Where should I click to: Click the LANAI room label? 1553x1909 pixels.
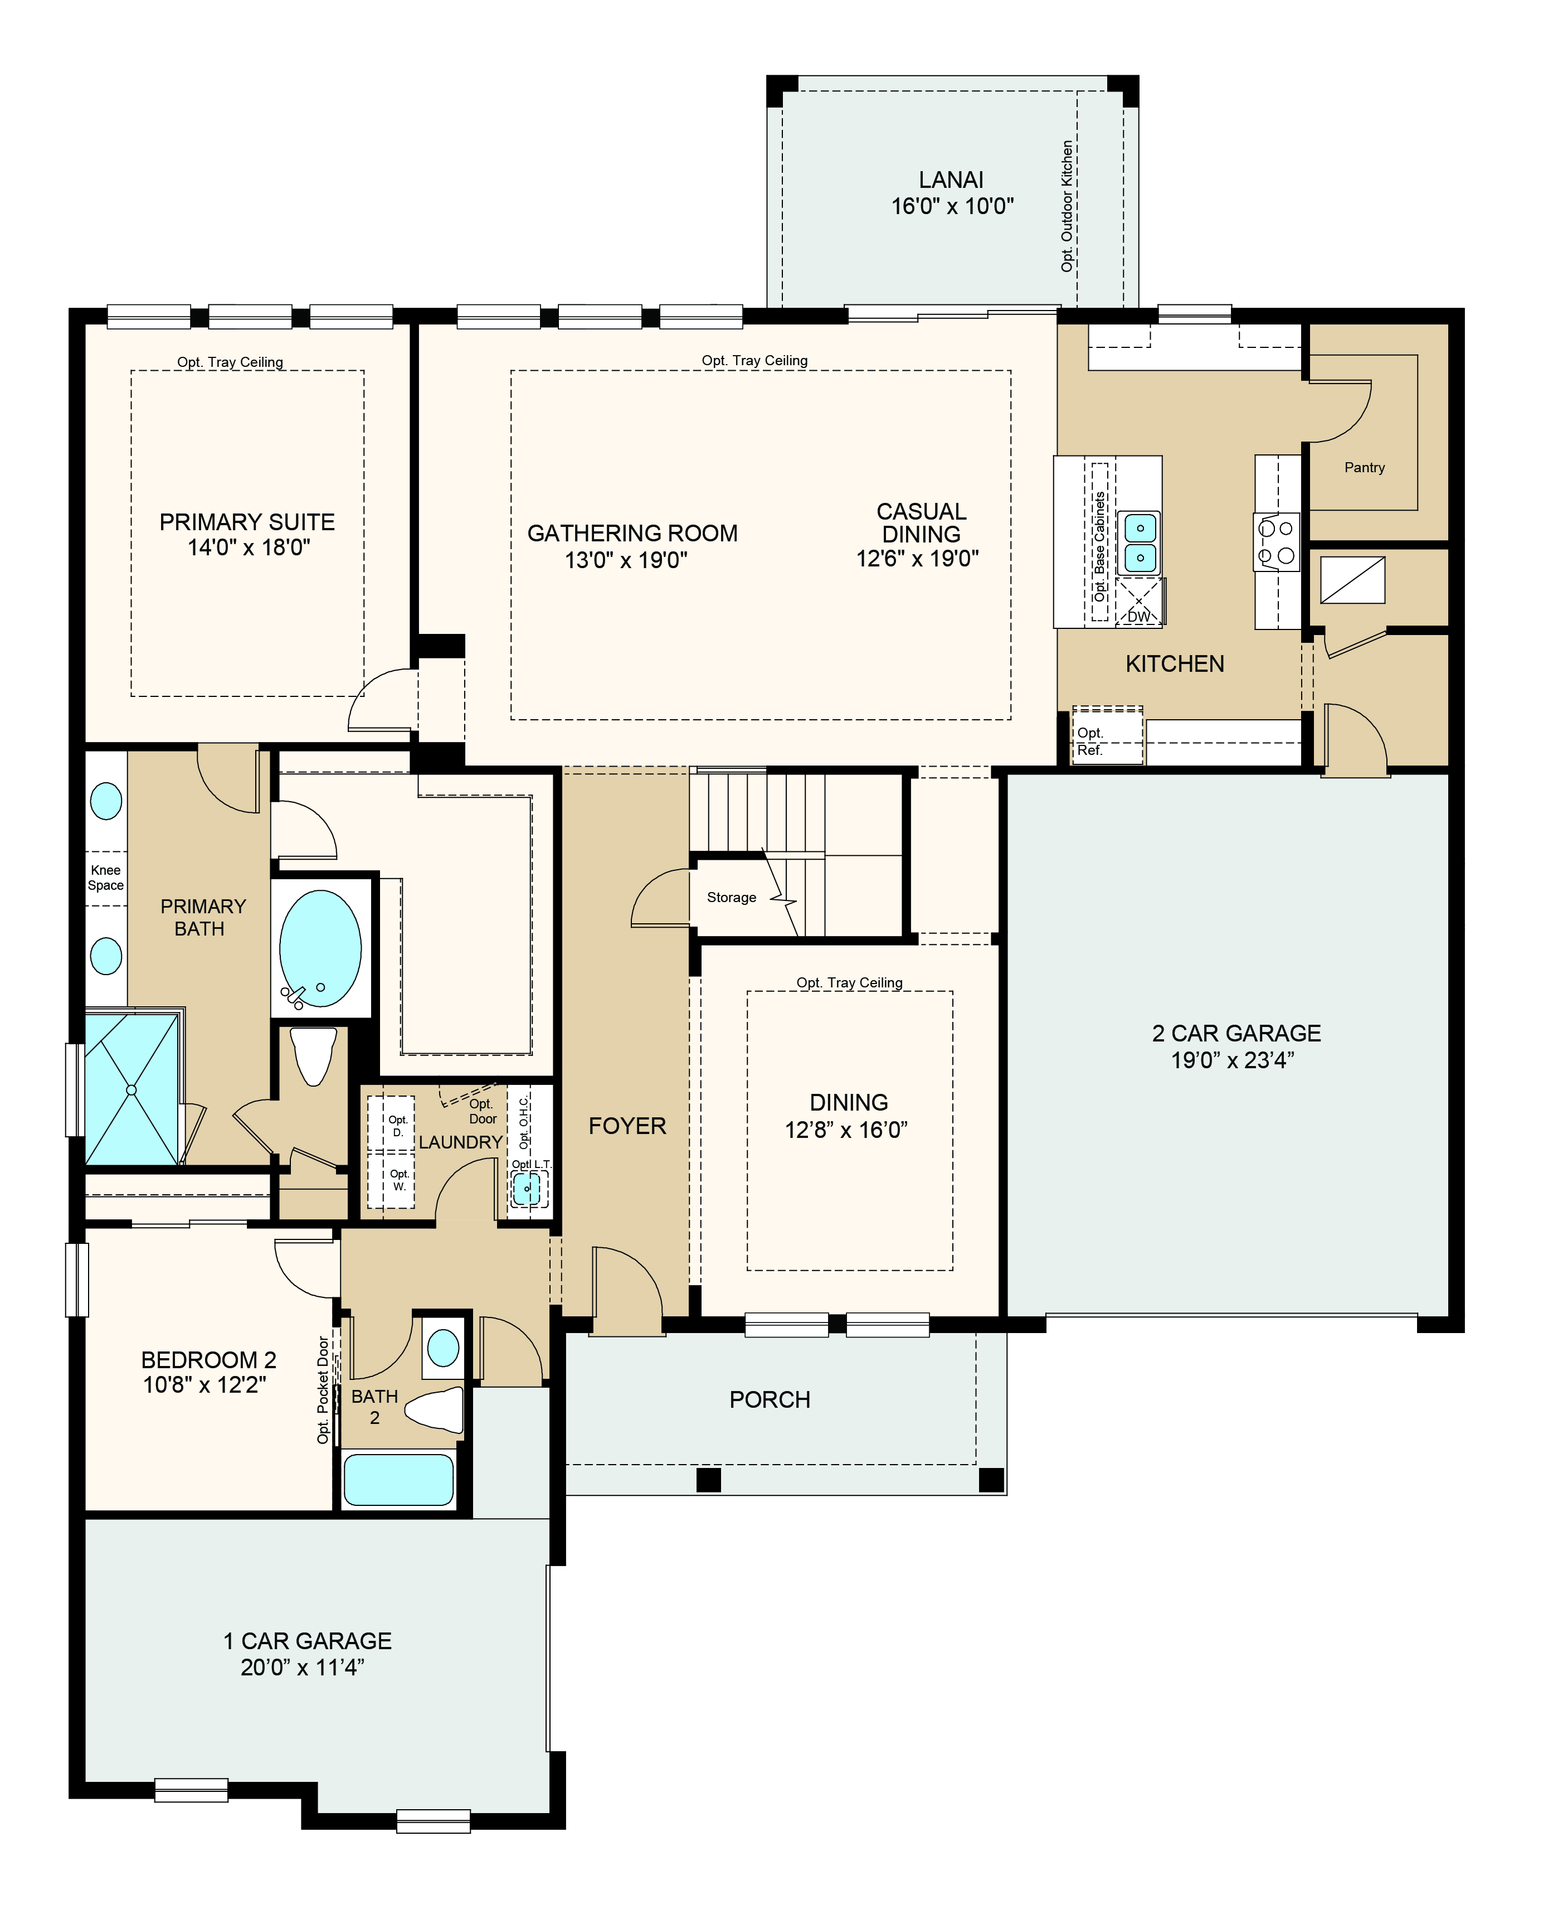click(951, 180)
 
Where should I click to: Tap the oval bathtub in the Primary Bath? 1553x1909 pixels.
click(320, 949)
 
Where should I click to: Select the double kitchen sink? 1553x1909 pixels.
click(1140, 543)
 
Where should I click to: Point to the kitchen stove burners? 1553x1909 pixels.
click(1277, 541)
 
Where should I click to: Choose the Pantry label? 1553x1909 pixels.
click(1364, 467)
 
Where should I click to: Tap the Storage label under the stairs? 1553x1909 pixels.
click(732, 898)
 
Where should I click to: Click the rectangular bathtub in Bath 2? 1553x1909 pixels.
click(399, 1479)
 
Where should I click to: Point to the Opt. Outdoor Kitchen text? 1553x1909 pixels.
click(1067, 206)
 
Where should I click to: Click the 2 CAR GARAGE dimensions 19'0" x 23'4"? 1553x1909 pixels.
click(1234, 1060)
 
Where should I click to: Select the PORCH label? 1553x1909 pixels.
click(770, 1400)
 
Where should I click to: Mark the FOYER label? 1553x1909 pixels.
click(627, 1126)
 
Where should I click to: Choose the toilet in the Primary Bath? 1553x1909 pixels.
click(314, 1056)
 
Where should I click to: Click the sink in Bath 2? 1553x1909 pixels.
click(443, 1348)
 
